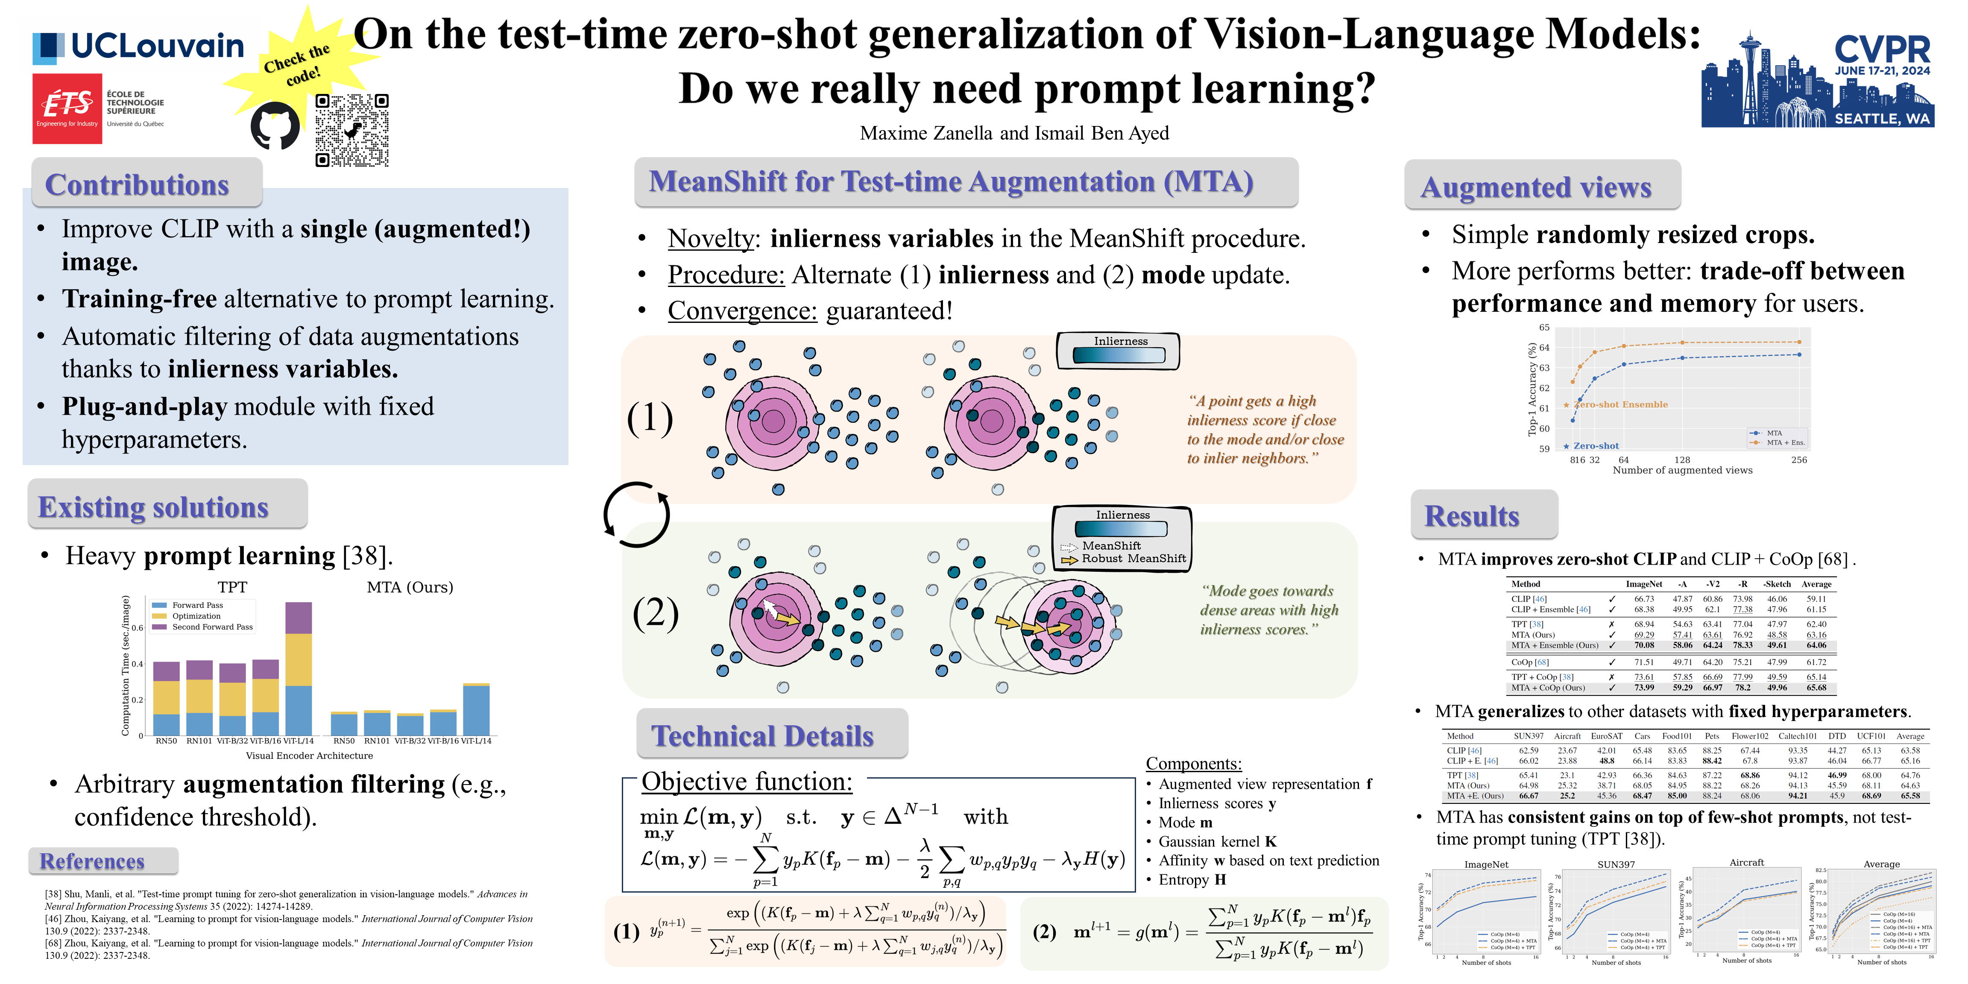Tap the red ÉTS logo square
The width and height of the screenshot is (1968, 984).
click(x=67, y=108)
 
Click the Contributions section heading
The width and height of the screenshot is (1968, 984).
click(x=138, y=185)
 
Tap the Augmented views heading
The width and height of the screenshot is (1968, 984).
click(x=1536, y=187)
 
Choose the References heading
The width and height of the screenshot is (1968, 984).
click(x=92, y=861)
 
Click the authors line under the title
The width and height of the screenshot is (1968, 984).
click(x=1014, y=134)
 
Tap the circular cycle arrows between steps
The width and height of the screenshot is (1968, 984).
click(x=636, y=514)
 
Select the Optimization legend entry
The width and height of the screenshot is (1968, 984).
click(x=196, y=616)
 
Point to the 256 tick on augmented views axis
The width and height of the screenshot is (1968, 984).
click(x=1799, y=460)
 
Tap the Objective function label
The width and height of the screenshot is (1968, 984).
click(x=747, y=782)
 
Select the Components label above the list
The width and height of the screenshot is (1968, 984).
click(x=1193, y=763)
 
